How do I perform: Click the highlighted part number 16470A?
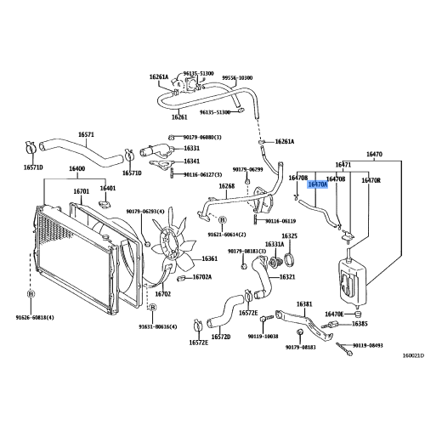(317, 183)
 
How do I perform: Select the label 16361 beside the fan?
(210, 259)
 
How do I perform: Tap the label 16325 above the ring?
(289, 235)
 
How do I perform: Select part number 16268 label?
(226, 186)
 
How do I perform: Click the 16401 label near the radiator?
(108, 188)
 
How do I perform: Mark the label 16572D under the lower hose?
(221, 337)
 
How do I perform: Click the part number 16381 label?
(304, 303)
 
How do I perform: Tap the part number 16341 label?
(193, 161)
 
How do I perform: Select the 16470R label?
(371, 180)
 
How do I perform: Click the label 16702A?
(201, 277)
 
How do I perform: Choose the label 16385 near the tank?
(360, 324)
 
